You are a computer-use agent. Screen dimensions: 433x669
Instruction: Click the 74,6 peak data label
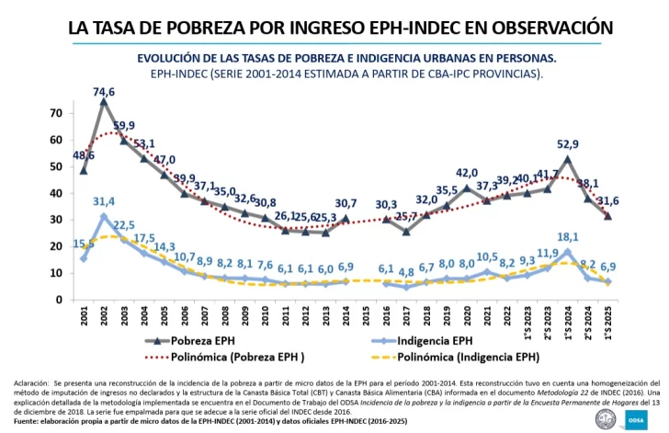pyautogui.click(x=104, y=92)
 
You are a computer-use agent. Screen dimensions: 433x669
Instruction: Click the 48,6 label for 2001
pyautogui.click(x=84, y=156)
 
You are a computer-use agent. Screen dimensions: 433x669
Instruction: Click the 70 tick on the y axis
pyautogui.click(x=56, y=113)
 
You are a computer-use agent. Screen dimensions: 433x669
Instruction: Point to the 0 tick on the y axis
pyautogui.click(x=60, y=300)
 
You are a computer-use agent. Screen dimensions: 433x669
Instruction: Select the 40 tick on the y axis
pyautogui.click(x=56, y=193)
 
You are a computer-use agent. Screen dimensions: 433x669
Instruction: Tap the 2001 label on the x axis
pyautogui.click(x=84, y=318)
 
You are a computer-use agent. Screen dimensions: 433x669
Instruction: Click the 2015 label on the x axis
pyautogui.click(x=366, y=318)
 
